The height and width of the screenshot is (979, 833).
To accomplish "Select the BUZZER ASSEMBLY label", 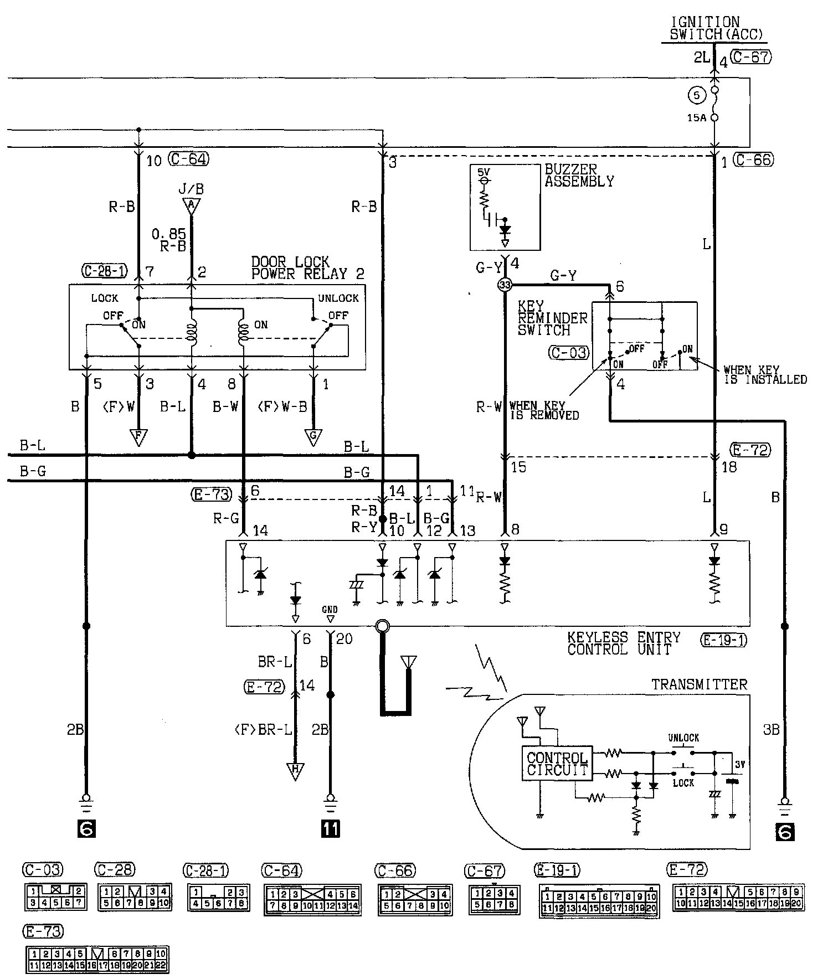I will pyautogui.click(x=579, y=176).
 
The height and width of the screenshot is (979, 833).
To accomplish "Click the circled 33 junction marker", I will pyautogui.click(x=505, y=285).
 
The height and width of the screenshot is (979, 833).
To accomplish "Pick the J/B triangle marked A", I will pyautogui.click(x=191, y=206).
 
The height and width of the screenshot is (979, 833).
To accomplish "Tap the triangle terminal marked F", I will pyautogui.click(x=138, y=437).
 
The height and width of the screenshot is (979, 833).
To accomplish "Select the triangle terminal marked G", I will pyautogui.click(x=313, y=437).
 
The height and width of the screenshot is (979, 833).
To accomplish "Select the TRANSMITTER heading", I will pyautogui.click(x=699, y=685).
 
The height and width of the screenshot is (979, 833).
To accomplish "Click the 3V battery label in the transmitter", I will pyautogui.click(x=739, y=764).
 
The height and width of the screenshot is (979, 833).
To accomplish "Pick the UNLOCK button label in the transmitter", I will pyautogui.click(x=683, y=738).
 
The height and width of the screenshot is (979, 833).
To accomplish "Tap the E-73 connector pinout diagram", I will pyautogui.click(x=97, y=960).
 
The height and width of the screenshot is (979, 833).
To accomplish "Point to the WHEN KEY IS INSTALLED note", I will pyautogui.click(x=765, y=375).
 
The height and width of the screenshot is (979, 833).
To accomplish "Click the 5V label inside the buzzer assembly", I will pyautogui.click(x=484, y=172).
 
